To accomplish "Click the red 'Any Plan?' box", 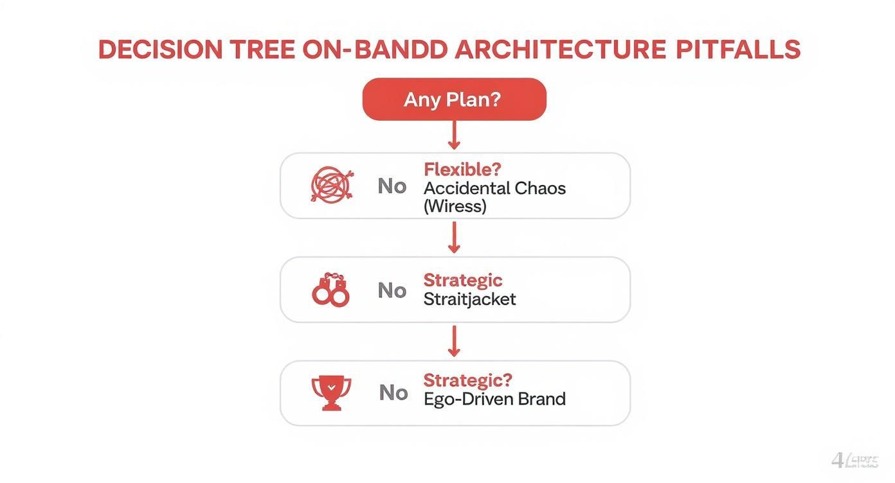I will tap(454, 100).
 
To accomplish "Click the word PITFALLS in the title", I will tap(737, 50).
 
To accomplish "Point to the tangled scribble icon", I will tap(331, 186).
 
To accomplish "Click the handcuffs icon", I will tap(331, 290).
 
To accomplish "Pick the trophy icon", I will tap(331, 392).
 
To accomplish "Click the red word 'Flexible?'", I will tap(462, 170).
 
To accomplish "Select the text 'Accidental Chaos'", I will tap(494, 188).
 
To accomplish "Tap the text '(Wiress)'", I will tap(455, 206).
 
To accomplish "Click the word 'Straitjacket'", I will tap(469, 299).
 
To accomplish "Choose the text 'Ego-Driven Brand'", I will tap(494, 399).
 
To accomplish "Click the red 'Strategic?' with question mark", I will tap(467, 380).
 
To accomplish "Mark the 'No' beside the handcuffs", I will tap(392, 290).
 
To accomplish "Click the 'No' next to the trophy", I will tap(393, 392).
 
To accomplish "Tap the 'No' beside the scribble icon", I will tap(392, 186).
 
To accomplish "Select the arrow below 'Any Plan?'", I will tap(454, 136).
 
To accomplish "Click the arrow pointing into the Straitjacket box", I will tap(454, 237).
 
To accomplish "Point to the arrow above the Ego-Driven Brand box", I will tap(454, 341).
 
